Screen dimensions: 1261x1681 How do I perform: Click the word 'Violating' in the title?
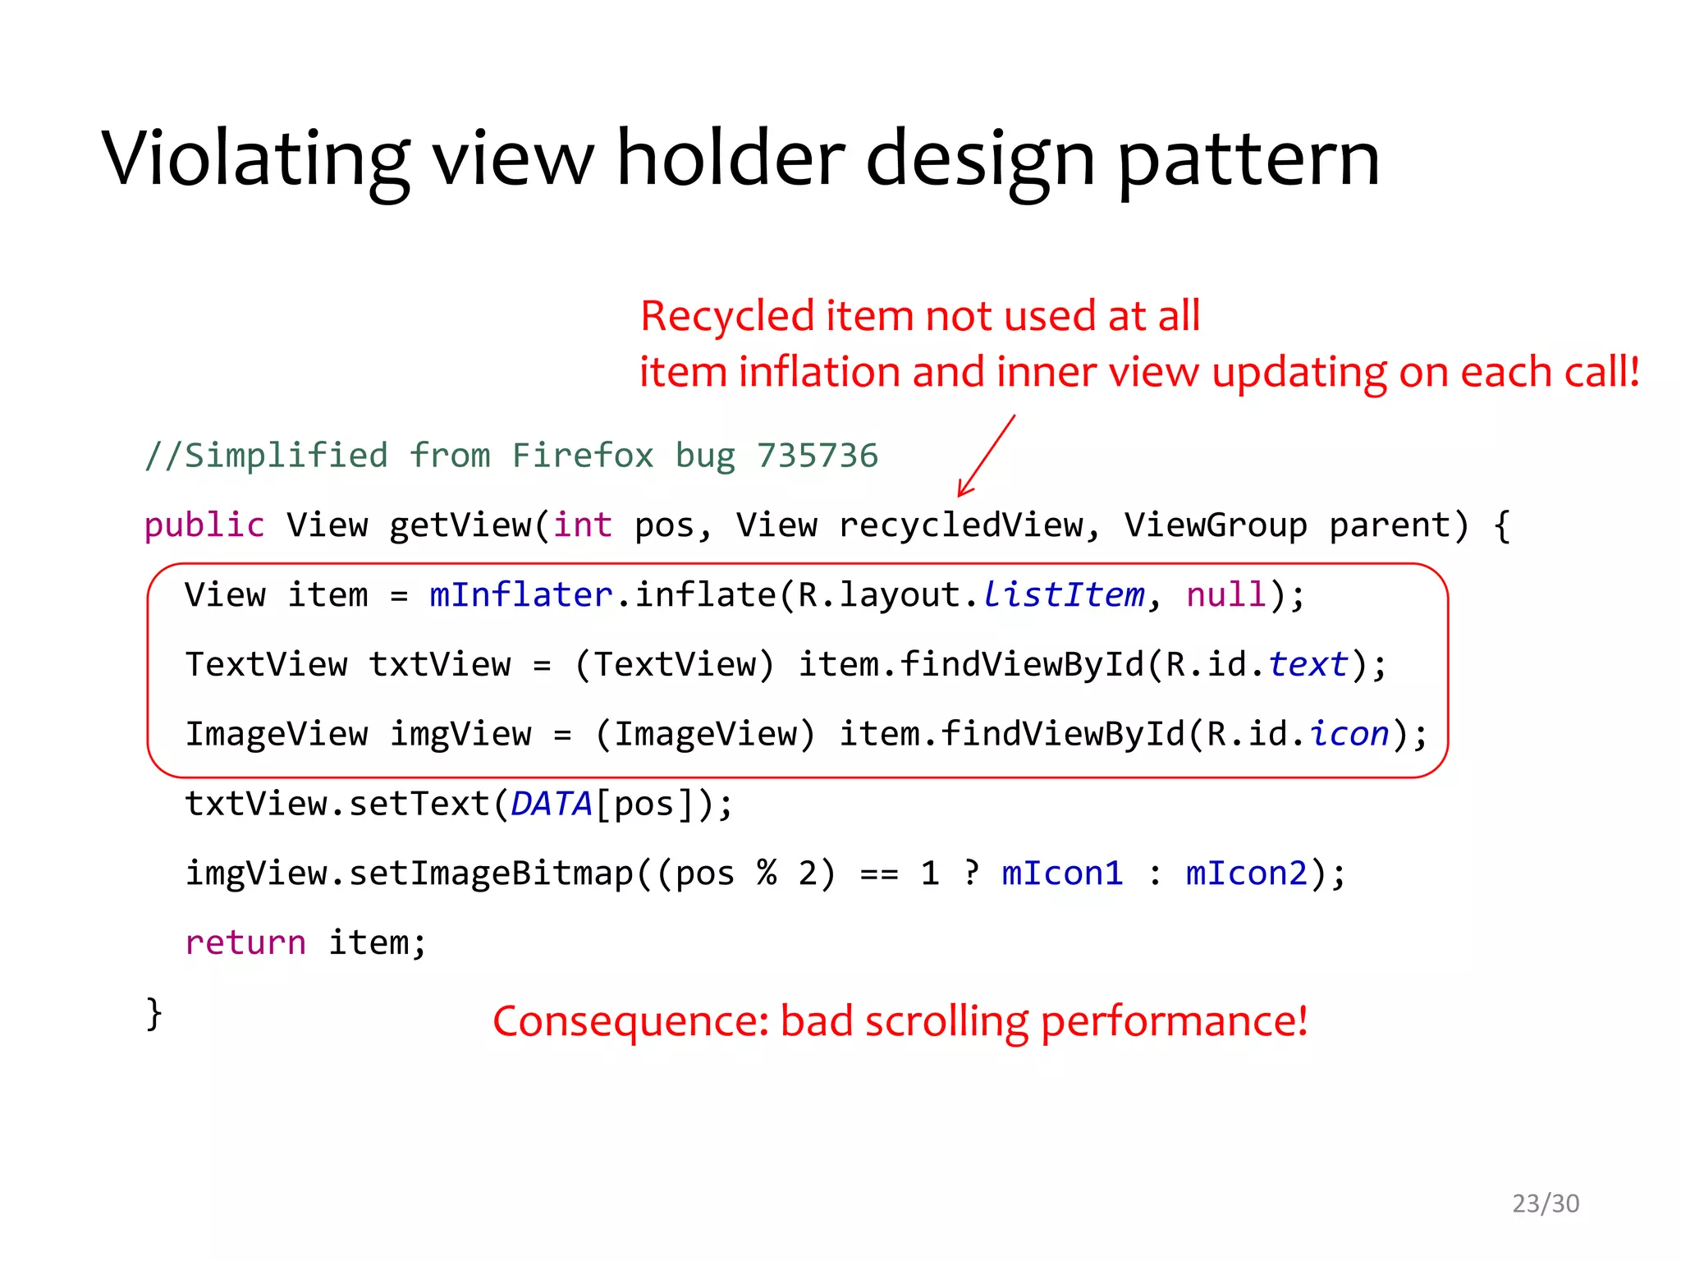point(255,158)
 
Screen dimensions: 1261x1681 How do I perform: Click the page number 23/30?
point(1546,1204)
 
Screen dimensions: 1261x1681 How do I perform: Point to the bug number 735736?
point(817,456)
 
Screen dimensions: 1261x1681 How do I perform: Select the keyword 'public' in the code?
point(204,525)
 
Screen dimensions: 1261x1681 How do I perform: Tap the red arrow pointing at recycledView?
point(987,455)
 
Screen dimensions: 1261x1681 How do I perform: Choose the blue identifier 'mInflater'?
point(521,595)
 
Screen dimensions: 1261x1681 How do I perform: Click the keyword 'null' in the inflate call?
point(1226,595)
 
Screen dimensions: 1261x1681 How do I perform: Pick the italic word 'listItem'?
point(1063,595)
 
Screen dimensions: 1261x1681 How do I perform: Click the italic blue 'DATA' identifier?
point(551,805)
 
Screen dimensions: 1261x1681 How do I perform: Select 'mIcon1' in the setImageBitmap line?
point(1062,874)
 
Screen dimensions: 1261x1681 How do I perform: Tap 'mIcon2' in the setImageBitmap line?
point(1246,874)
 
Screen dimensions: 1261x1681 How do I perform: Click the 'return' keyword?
point(245,943)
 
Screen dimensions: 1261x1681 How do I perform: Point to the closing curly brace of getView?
point(154,1013)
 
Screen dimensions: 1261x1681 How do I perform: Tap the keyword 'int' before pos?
point(582,525)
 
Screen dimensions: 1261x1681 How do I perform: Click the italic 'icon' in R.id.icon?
point(1349,734)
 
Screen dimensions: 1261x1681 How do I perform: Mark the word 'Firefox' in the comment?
point(582,456)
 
